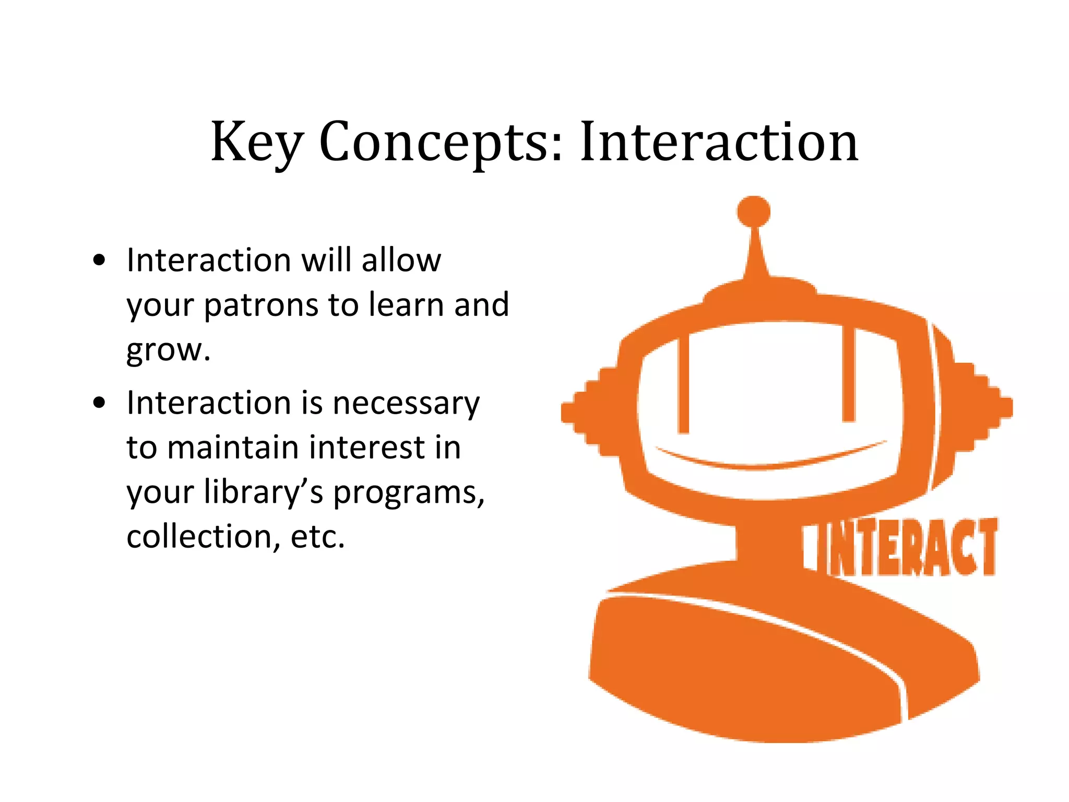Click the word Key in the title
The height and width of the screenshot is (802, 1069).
click(256, 142)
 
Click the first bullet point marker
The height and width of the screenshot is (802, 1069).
click(99, 260)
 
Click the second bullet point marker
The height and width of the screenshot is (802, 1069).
click(99, 403)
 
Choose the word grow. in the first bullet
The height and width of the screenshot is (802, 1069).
click(168, 350)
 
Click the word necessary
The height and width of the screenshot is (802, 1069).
click(406, 403)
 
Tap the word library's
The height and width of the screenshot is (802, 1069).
click(264, 492)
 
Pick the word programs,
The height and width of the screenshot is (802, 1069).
click(409, 493)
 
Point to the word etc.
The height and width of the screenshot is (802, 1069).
click(317, 537)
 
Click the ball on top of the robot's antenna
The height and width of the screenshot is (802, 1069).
click(753, 212)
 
